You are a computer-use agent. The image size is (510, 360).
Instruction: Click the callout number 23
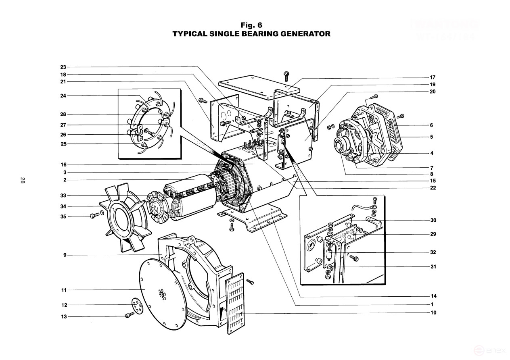(x=63, y=67)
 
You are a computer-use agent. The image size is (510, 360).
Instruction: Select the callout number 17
(x=433, y=77)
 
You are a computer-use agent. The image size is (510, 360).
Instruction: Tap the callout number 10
(x=433, y=312)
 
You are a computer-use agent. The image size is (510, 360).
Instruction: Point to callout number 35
(x=63, y=216)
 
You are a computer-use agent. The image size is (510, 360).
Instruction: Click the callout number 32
(x=433, y=252)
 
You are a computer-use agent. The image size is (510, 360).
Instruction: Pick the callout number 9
(x=65, y=255)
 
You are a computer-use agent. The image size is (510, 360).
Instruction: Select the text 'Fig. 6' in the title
(x=251, y=25)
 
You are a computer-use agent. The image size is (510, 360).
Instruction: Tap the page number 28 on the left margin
(x=22, y=181)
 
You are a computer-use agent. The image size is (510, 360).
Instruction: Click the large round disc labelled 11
(x=161, y=290)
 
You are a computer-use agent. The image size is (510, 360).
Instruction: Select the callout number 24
(x=63, y=96)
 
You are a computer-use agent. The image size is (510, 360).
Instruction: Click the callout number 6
(x=431, y=125)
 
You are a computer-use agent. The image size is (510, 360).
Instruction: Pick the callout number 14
(x=433, y=296)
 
